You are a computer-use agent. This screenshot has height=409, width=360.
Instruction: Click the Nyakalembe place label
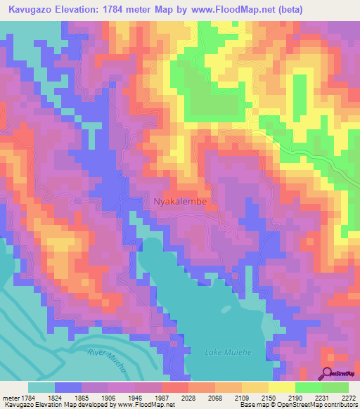(180, 202)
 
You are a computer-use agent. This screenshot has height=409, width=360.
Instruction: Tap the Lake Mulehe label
(223, 351)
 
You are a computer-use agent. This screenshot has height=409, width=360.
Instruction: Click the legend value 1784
(26, 397)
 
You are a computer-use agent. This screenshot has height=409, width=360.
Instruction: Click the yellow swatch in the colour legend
(281, 387)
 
